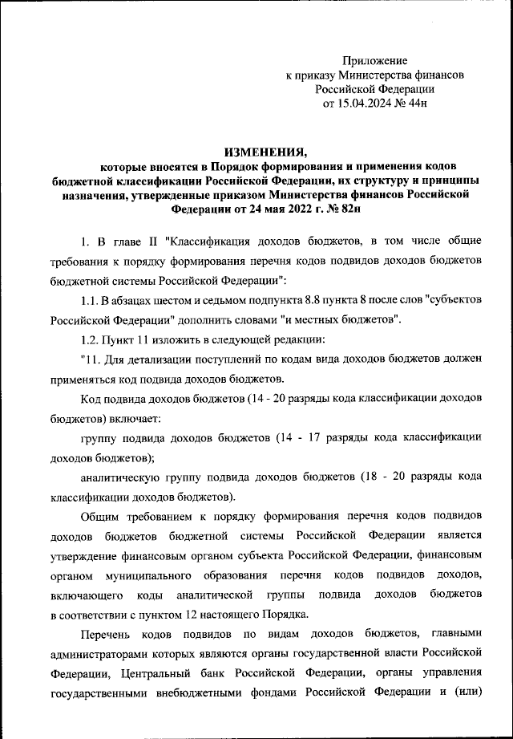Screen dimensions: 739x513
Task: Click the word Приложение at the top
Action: [375, 60]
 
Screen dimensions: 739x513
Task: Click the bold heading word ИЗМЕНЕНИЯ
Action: [265, 152]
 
